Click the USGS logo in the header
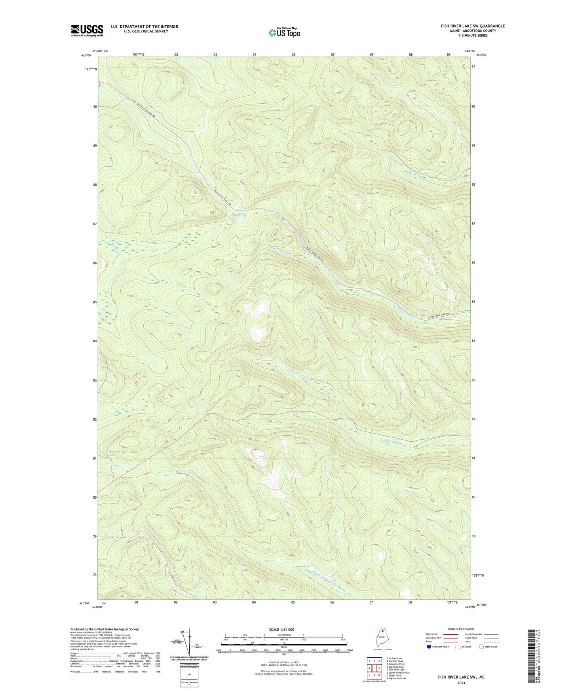point(87,30)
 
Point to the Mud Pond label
point(239,215)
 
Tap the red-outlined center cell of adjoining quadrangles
point(374,668)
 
